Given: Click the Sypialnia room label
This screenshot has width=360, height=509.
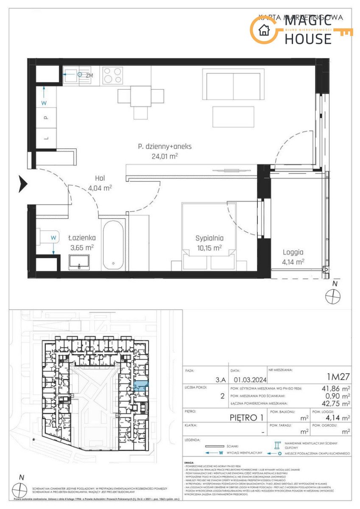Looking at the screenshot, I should [x=209, y=238].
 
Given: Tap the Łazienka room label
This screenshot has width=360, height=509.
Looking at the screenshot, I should [x=82, y=238].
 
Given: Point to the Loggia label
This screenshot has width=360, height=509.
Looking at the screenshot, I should [x=293, y=252].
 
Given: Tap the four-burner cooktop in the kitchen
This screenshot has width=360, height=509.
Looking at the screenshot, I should [x=112, y=76].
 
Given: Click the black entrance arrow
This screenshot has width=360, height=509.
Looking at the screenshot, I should [x=23, y=184].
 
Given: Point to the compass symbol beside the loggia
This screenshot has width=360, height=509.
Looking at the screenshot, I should [x=333, y=296].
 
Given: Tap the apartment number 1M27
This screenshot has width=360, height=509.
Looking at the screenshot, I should [x=338, y=375].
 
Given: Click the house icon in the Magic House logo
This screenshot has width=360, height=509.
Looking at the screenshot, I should [x=264, y=30].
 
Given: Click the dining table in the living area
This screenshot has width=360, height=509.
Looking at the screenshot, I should [x=140, y=96].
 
